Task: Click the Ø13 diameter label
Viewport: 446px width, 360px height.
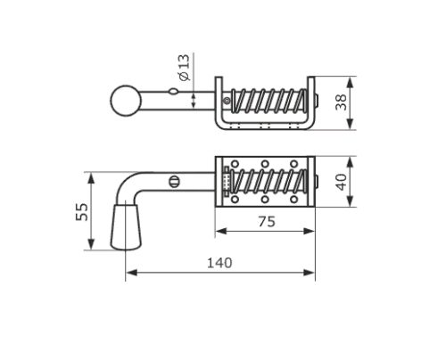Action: tap(185, 68)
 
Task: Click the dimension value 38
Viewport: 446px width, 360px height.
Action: tap(341, 102)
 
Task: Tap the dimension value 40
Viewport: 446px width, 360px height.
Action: tap(341, 182)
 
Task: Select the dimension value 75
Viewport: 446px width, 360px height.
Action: tap(267, 222)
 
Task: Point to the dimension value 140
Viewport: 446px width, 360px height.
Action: tap(219, 263)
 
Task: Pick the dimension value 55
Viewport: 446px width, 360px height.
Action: tap(82, 212)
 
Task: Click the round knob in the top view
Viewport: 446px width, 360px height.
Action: tap(126, 101)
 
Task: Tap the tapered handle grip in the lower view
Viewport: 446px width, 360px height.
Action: tap(126, 226)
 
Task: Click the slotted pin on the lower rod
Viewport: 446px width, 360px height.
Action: tap(175, 182)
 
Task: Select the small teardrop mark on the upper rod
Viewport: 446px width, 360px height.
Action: tap(174, 92)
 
